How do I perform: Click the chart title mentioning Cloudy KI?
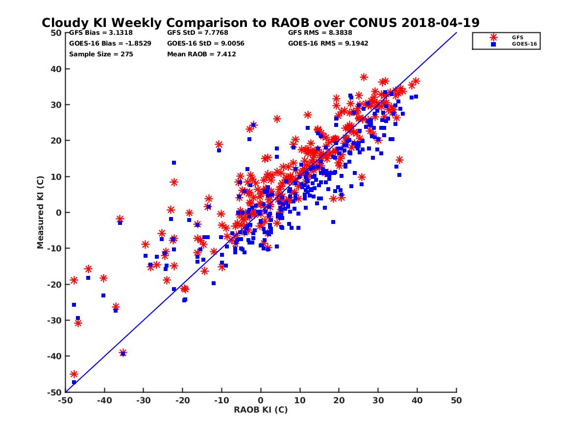click(260, 23)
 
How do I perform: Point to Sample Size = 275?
click(101, 54)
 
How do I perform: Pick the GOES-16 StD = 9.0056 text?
click(205, 43)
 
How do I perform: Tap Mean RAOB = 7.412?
click(201, 54)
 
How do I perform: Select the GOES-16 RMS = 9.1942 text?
click(328, 43)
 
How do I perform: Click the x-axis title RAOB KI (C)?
click(261, 410)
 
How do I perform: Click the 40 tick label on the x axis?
click(417, 401)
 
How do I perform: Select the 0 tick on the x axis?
click(261, 401)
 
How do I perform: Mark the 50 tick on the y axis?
click(56, 33)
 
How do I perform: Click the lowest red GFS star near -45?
click(74, 374)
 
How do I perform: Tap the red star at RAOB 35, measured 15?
click(399, 160)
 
